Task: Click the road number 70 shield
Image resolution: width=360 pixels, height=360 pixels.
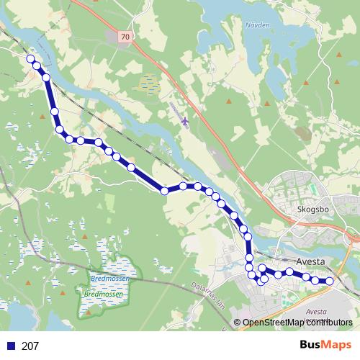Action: click(127, 36)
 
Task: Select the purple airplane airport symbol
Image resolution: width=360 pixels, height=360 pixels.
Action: click(186, 120)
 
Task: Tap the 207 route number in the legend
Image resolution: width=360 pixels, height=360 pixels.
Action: click(30, 346)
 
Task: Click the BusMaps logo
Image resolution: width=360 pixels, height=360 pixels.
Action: click(326, 346)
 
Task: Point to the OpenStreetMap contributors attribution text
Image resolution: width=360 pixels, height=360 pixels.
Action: click(297, 323)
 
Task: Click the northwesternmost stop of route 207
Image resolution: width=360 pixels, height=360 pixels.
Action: click(30, 59)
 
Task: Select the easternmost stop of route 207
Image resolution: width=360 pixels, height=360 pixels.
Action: click(330, 281)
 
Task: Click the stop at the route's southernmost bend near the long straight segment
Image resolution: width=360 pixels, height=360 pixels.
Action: click(165, 191)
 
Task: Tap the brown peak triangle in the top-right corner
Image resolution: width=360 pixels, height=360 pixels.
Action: click(338, 54)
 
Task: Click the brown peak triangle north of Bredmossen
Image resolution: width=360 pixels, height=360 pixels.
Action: click(85, 235)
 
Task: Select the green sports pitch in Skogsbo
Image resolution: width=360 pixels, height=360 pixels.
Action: click(312, 189)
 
